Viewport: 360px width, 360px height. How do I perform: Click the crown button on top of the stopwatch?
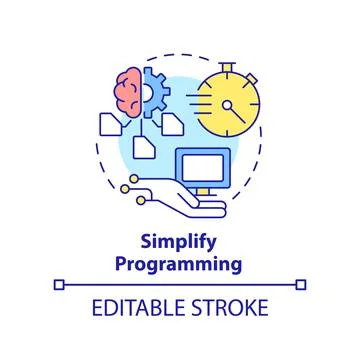click(230, 63)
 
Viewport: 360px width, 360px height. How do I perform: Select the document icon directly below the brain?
click(110, 123)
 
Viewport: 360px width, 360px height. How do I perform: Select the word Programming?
click(180, 266)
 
